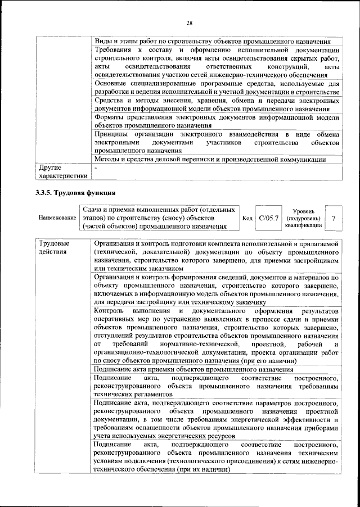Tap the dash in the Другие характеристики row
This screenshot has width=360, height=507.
(96, 168)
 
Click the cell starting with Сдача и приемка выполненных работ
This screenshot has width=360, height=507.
(154, 218)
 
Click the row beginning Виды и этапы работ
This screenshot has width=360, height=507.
(211, 42)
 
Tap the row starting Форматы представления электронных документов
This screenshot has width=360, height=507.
(217, 121)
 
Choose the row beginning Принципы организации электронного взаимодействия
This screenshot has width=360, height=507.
(217, 143)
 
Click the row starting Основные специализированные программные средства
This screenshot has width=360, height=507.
(217, 88)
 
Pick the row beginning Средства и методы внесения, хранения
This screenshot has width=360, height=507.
(217, 105)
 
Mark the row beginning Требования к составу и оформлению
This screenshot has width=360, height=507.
(217, 62)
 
